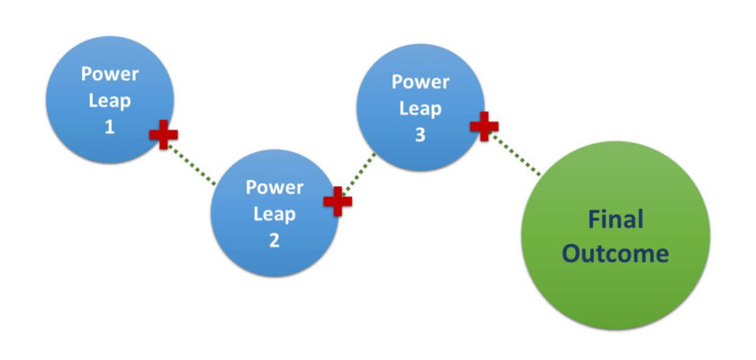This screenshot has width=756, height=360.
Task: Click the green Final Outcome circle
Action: (616, 236)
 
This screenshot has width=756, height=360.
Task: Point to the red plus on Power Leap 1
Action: (163, 135)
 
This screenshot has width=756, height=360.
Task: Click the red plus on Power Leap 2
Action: (337, 201)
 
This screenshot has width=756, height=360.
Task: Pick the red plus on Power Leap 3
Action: (484, 126)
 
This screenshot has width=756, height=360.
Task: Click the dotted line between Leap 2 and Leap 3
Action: (360, 173)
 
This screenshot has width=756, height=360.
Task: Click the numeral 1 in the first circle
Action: (110, 127)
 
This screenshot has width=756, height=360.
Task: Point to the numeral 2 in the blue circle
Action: (274, 240)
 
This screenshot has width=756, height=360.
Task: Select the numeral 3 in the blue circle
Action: (421, 134)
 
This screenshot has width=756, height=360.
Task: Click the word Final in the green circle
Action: (616, 219)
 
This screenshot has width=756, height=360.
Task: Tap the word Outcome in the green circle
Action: (616, 254)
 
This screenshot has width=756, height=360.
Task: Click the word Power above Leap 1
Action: (110, 74)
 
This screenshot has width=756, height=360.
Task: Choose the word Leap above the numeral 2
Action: (274, 214)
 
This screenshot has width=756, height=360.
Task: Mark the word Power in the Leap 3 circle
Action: (421, 81)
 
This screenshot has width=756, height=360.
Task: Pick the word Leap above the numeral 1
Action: (110, 100)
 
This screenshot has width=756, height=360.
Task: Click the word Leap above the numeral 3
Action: (421, 107)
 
